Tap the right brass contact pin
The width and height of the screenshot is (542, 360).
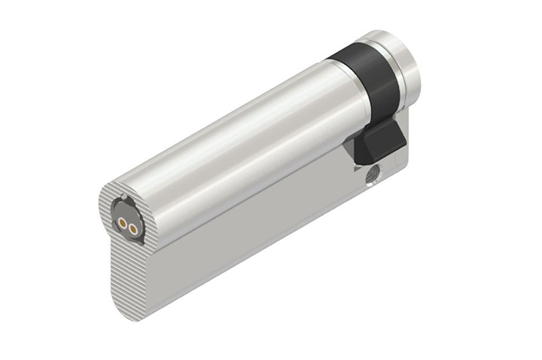pyautogui.click(x=132, y=227)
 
